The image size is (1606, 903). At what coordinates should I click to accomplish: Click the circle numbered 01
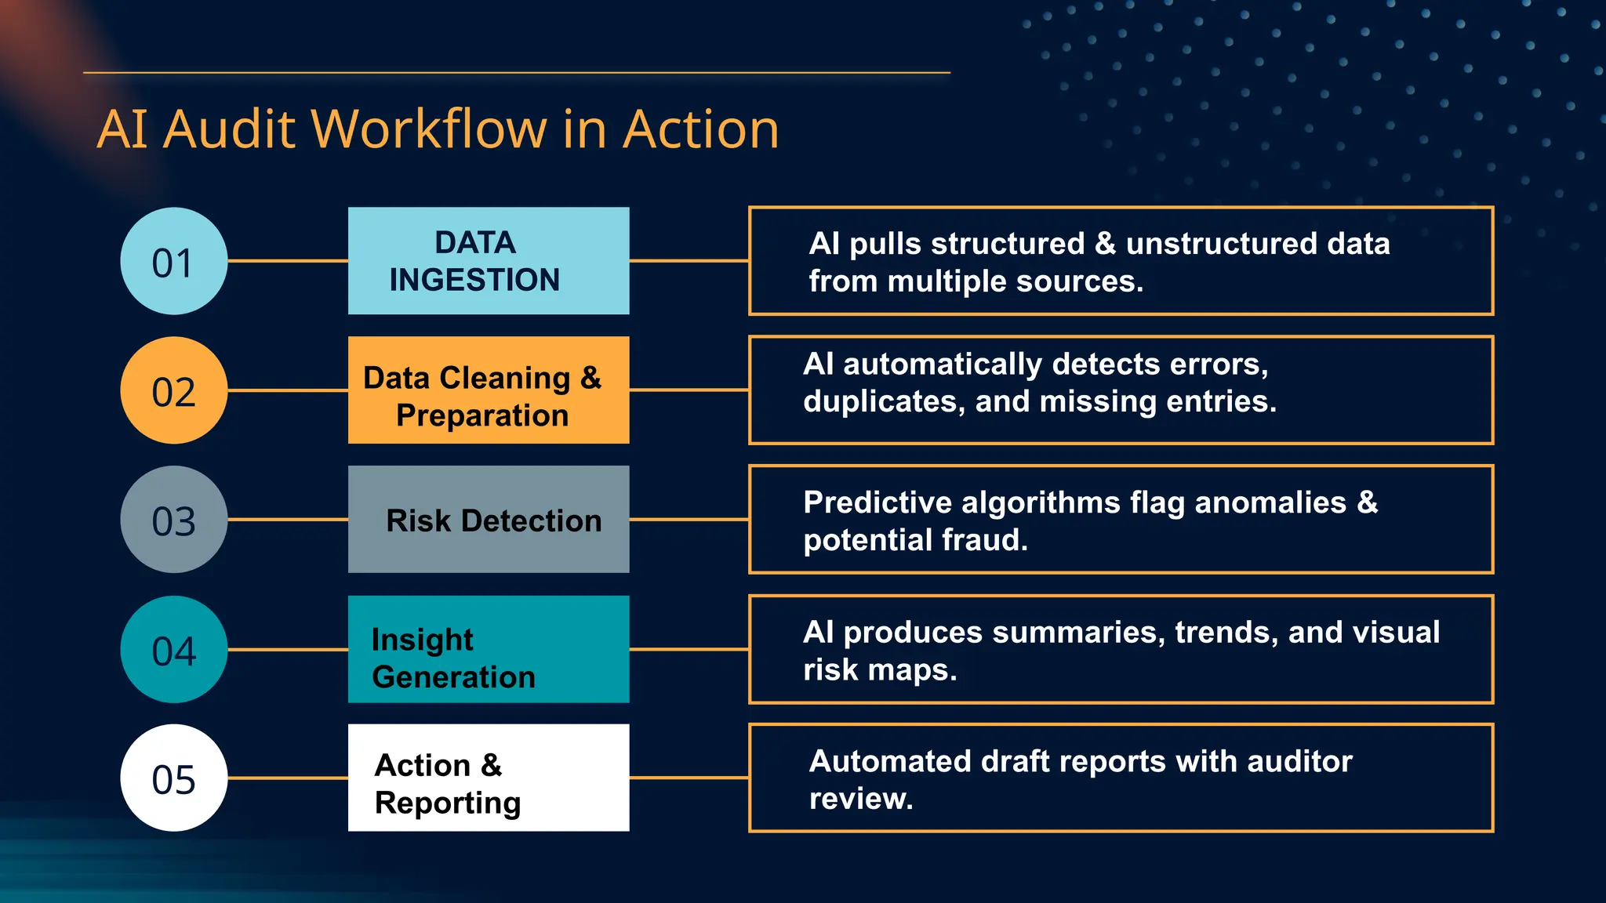pos(173,261)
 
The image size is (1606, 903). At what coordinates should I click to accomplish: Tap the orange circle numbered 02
pos(173,390)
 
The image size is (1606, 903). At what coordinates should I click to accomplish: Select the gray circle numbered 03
pos(173,520)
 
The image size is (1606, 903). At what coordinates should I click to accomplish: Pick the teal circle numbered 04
pos(173,649)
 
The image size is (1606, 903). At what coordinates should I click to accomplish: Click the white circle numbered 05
pos(173,778)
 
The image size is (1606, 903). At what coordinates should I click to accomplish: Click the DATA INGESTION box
pos(489,261)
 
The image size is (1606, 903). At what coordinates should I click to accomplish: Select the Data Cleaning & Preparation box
pos(489,390)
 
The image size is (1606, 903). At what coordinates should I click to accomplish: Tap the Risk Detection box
pos(489,520)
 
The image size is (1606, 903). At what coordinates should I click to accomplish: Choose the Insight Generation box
pos(489,649)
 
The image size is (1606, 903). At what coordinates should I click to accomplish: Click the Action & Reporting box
pos(489,778)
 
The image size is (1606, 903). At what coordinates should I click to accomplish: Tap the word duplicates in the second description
pos(884,402)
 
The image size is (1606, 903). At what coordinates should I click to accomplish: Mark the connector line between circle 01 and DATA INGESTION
pos(288,261)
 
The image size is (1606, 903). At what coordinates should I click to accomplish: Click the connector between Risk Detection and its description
pos(689,519)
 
